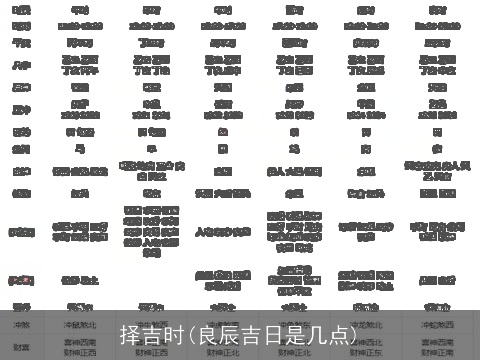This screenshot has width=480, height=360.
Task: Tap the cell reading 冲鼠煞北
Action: pos(80,324)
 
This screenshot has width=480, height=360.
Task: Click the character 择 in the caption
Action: pos(129,334)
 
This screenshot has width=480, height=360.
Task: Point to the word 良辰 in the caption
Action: pos(219,334)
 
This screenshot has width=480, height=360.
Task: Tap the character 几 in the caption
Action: pos(309,334)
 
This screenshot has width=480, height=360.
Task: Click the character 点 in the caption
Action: pos(331,334)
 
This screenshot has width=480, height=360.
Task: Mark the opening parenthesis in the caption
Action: pos(190,334)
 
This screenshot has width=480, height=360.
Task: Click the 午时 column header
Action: pos(80,9)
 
